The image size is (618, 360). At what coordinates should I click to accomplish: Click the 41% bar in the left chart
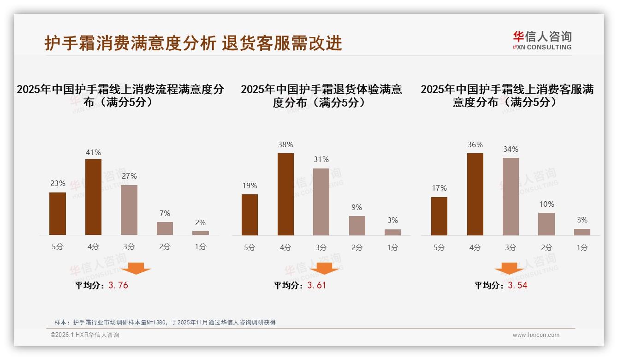[x=93, y=197]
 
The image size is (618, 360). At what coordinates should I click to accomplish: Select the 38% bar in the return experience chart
[x=285, y=194]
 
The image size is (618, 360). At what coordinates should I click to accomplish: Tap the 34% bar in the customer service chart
[x=511, y=197]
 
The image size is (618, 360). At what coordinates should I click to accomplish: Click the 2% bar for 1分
[x=201, y=233]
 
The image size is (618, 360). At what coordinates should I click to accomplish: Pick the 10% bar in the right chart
[x=547, y=224]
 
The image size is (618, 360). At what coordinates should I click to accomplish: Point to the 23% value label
[x=58, y=183]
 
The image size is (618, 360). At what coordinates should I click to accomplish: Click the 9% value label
[x=357, y=208]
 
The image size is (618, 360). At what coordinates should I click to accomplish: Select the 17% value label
[x=439, y=188]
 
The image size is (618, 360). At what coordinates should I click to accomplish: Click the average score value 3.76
[x=118, y=285]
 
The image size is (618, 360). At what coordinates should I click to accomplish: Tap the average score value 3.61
[x=316, y=285]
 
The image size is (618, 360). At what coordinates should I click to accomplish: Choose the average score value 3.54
[x=517, y=285]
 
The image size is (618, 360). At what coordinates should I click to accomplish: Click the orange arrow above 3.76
[x=136, y=268]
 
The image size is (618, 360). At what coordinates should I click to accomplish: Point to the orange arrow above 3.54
[x=509, y=268]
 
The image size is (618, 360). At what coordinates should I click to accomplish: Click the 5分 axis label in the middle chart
[x=250, y=247]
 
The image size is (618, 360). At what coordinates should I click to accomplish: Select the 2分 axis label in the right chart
[x=547, y=247]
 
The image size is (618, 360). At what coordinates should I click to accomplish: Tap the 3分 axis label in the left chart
[x=129, y=247]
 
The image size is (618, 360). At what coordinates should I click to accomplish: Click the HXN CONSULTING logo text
[x=542, y=47]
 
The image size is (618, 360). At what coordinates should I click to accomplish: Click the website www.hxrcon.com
[x=536, y=335]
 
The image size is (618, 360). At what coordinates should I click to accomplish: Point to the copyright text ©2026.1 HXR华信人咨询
[x=85, y=335]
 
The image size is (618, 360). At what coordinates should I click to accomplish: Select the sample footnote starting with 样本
[x=165, y=322]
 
